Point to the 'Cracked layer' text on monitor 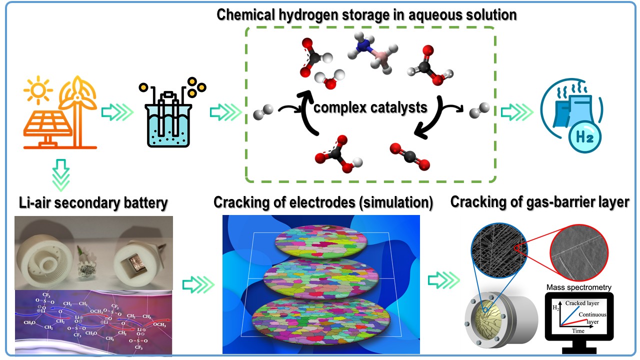[582, 303]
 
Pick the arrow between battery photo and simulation [197, 285]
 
